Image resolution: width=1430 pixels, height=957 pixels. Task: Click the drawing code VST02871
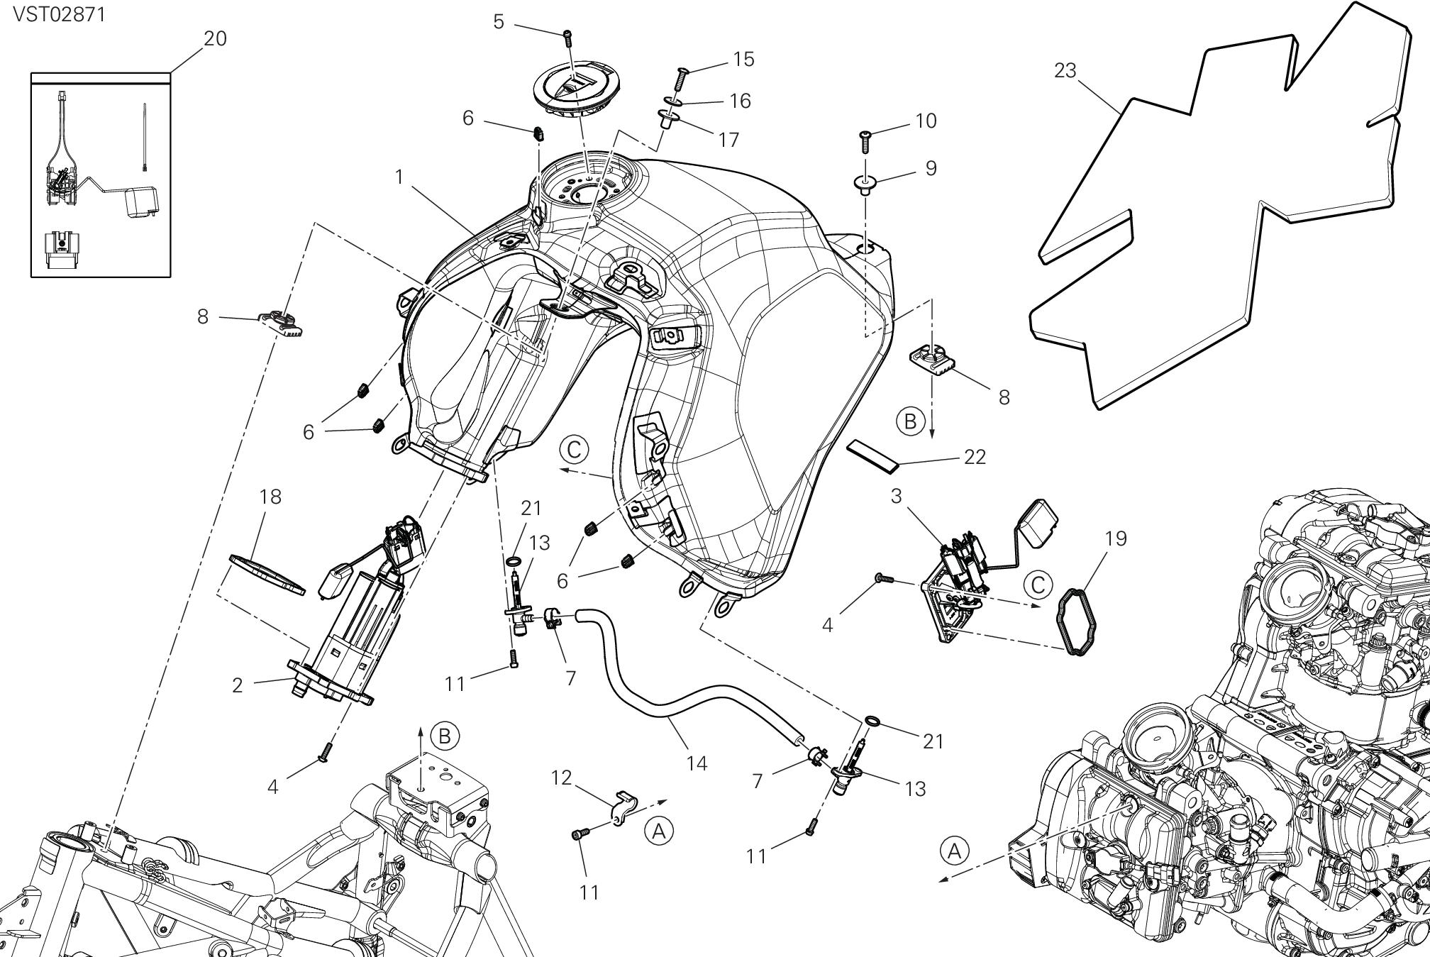pyautogui.click(x=59, y=14)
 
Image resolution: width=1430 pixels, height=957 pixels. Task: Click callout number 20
pyautogui.click(x=215, y=38)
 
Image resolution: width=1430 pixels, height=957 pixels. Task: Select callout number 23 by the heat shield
pyautogui.click(x=1065, y=70)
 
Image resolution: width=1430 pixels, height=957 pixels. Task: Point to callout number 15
pyautogui.click(x=743, y=59)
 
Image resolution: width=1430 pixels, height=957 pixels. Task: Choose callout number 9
pyautogui.click(x=931, y=168)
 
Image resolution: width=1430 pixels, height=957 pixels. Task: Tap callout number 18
pyautogui.click(x=270, y=497)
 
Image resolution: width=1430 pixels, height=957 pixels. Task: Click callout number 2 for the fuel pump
pyautogui.click(x=238, y=685)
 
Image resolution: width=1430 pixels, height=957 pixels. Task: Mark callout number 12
pyautogui.click(x=561, y=778)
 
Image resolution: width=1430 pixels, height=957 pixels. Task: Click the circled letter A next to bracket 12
pyautogui.click(x=659, y=831)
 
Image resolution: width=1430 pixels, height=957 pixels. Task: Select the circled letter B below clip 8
pyautogui.click(x=910, y=422)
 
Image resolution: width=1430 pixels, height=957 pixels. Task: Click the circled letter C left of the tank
pyautogui.click(x=574, y=449)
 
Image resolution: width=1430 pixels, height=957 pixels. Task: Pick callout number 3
pyautogui.click(x=896, y=496)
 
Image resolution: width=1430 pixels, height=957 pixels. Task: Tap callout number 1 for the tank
pyautogui.click(x=399, y=177)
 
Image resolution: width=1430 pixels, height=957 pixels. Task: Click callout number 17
pyautogui.click(x=728, y=140)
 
